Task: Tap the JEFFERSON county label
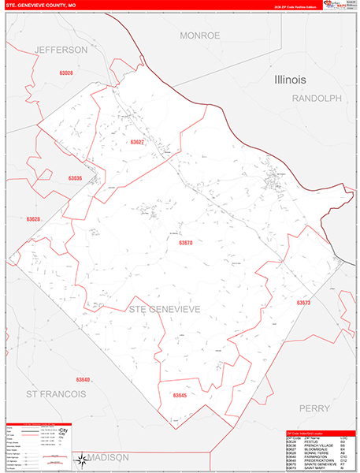tap(61, 50)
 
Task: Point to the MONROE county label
tap(199, 35)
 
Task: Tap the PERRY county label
tap(318, 408)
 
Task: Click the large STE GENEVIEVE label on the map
tap(164, 308)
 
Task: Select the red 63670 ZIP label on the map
tap(185, 244)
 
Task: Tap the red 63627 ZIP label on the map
tap(138, 143)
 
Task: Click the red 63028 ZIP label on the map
tap(65, 73)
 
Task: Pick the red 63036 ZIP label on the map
tap(75, 179)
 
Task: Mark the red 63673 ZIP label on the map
tap(304, 303)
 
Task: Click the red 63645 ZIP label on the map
tap(180, 395)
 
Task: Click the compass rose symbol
tap(81, 460)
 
